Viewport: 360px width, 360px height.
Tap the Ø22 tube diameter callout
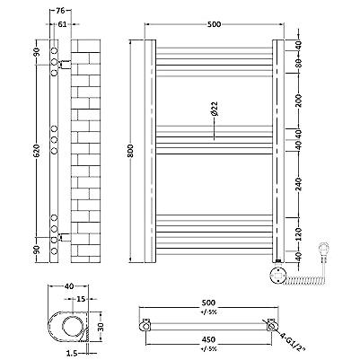click(215, 109)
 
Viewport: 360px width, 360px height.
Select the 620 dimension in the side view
click(36, 151)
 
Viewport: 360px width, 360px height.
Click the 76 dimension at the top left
click(60, 11)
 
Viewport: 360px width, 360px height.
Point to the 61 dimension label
click(62, 24)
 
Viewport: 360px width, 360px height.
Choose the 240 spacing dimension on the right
click(299, 184)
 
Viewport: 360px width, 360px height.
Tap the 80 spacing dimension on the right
click(299, 62)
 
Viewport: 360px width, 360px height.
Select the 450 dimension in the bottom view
click(208, 339)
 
